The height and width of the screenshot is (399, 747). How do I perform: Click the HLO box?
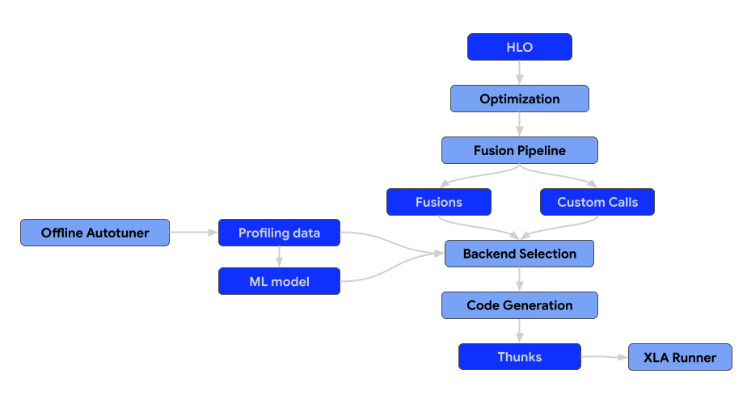click(x=519, y=47)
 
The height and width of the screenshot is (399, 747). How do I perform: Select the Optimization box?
click(x=519, y=99)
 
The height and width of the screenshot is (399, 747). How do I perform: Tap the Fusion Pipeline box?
click(x=519, y=150)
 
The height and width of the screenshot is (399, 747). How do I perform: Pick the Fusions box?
click(x=438, y=202)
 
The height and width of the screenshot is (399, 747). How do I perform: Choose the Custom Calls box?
click(x=597, y=202)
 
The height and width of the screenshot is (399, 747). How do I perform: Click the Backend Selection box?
click(x=519, y=254)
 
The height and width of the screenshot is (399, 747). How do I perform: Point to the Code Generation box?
click(x=519, y=305)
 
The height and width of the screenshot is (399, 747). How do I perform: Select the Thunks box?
click(x=519, y=357)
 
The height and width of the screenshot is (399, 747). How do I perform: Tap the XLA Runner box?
click(x=679, y=357)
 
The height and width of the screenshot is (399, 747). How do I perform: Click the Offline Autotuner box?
click(x=95, y=233)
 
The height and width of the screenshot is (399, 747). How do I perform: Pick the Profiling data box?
click(x=279, y=233)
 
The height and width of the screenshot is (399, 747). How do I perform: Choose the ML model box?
click(x=279, y=281)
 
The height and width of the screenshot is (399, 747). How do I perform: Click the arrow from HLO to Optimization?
click(x=519, y=73)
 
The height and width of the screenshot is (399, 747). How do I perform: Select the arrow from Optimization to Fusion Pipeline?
click(x=519, y=124)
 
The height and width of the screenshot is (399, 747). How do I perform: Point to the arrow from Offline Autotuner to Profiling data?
click(x=194, y=233)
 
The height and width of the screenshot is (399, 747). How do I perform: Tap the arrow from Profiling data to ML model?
click(x=279, y=257)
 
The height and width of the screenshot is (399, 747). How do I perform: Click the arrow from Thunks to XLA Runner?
click(x=605, y=356)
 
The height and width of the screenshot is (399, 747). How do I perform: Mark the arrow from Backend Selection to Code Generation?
click(x=519, y=279)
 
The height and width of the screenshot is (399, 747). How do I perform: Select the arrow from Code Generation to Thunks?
click(x=519, y=331)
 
